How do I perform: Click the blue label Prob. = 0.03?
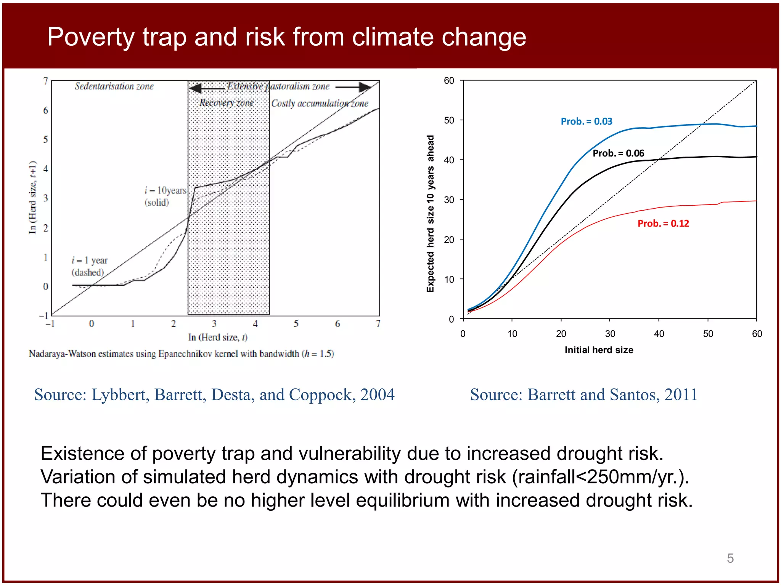coord(586,121)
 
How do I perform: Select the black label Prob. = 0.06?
coord(618,153)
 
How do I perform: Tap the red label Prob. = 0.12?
coord(663,224)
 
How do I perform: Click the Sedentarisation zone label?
coord(114,86)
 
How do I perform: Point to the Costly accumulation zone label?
coord(320,104)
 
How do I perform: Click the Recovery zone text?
coord(227,103)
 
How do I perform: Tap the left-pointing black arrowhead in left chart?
coord(196,88)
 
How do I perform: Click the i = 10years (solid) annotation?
coord(165,196)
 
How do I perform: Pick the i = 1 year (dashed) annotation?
coord(90,266)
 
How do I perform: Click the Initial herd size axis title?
coord(599,350)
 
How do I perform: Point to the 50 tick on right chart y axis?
coord(449,120)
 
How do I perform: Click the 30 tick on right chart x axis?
coord(610,334)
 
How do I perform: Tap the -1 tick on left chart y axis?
coord(44,316)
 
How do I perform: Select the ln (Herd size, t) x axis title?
coord(218,337)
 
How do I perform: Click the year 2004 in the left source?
coord(377,395)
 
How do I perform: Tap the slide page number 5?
coord(730,558)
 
